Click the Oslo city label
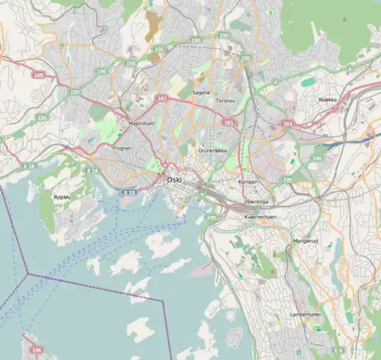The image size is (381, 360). point(174,180)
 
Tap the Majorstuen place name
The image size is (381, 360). point(142,122)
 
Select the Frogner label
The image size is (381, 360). point(122,148)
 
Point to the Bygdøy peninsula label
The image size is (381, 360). point(62,197)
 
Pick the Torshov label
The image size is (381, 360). point(226,101)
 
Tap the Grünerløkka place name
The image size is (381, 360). point(213,151)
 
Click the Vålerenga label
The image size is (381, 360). point(256,201)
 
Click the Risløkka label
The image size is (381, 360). point(328,99)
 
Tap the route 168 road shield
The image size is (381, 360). point(39,76)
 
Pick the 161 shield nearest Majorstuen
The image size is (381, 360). point(162,98)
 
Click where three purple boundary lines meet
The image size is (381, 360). point(27,273)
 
